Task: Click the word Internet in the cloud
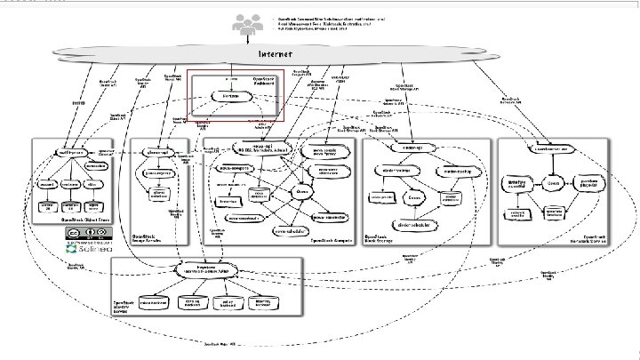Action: (x=275, y=53)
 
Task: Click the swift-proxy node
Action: (x=73, y=152)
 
